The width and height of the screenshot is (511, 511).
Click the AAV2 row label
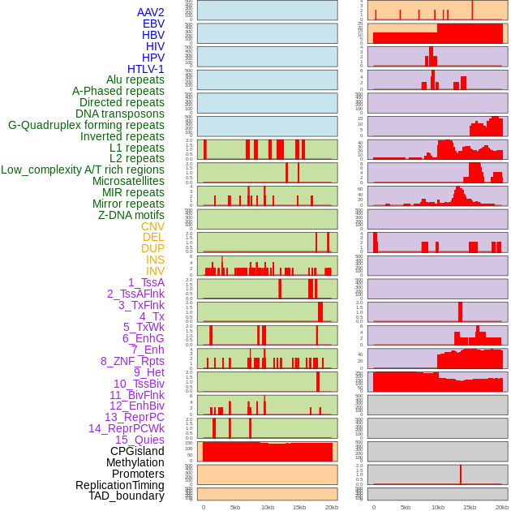pos(151,12)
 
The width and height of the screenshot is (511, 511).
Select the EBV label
pos(153,24)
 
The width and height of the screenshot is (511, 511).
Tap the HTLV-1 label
pos(146,69)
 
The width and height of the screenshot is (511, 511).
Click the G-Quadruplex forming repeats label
pos(86,125)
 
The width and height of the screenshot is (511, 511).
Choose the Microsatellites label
pos(128,181)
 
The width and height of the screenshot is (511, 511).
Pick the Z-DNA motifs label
pos(131,215)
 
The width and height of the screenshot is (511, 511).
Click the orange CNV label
pos(152,226)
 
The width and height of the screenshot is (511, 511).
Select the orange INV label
pos(155,271)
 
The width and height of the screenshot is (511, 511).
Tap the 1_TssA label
pos(146,282)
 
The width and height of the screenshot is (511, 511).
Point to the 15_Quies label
pos(140,440)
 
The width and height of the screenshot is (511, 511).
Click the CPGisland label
pos(137,451)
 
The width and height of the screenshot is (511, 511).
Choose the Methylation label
pos(135,462)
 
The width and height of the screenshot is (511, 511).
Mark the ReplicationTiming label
pos(120,485)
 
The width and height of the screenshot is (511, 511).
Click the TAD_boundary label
pos(127,496)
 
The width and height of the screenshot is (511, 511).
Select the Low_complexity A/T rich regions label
pos(83,170)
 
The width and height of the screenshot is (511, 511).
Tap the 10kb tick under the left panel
pos(268,507)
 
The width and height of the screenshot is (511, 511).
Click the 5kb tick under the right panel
pos(406,507)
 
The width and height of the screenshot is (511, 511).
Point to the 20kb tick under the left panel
pos(331,507)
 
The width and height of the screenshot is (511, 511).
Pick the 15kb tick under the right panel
pos(470,507)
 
